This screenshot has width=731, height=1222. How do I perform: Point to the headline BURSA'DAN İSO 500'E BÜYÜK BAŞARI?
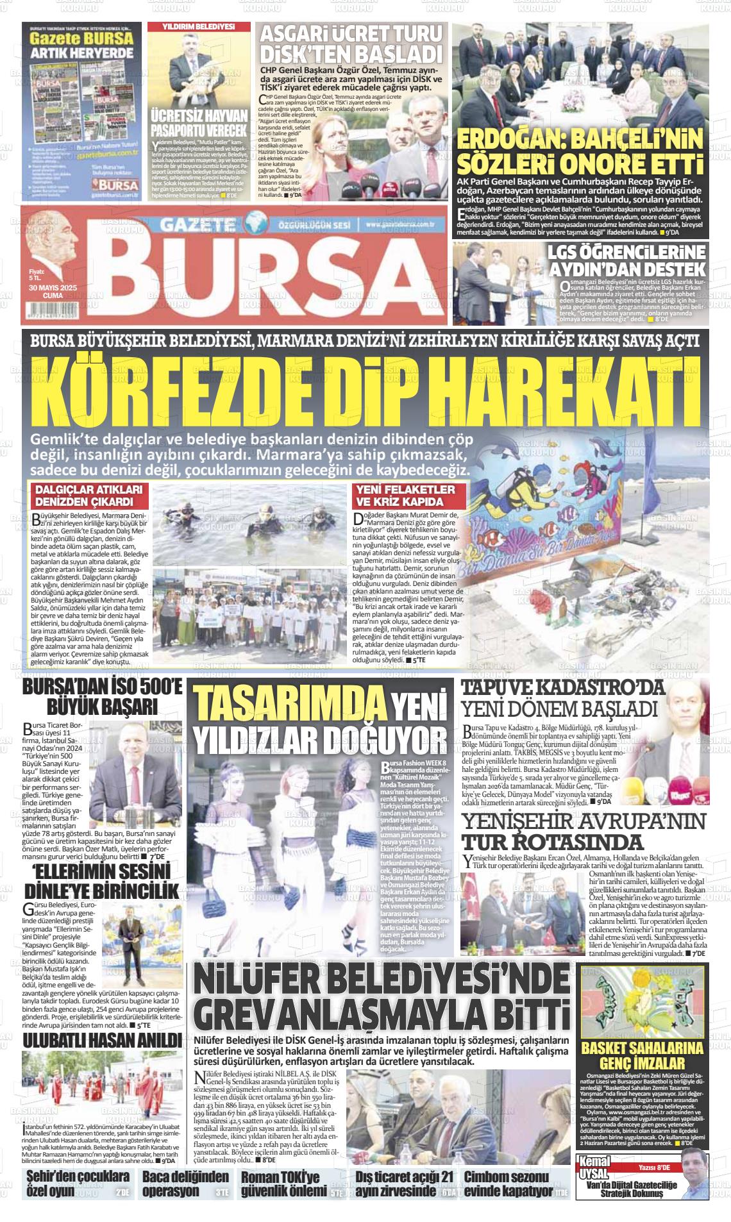[102, 697]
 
